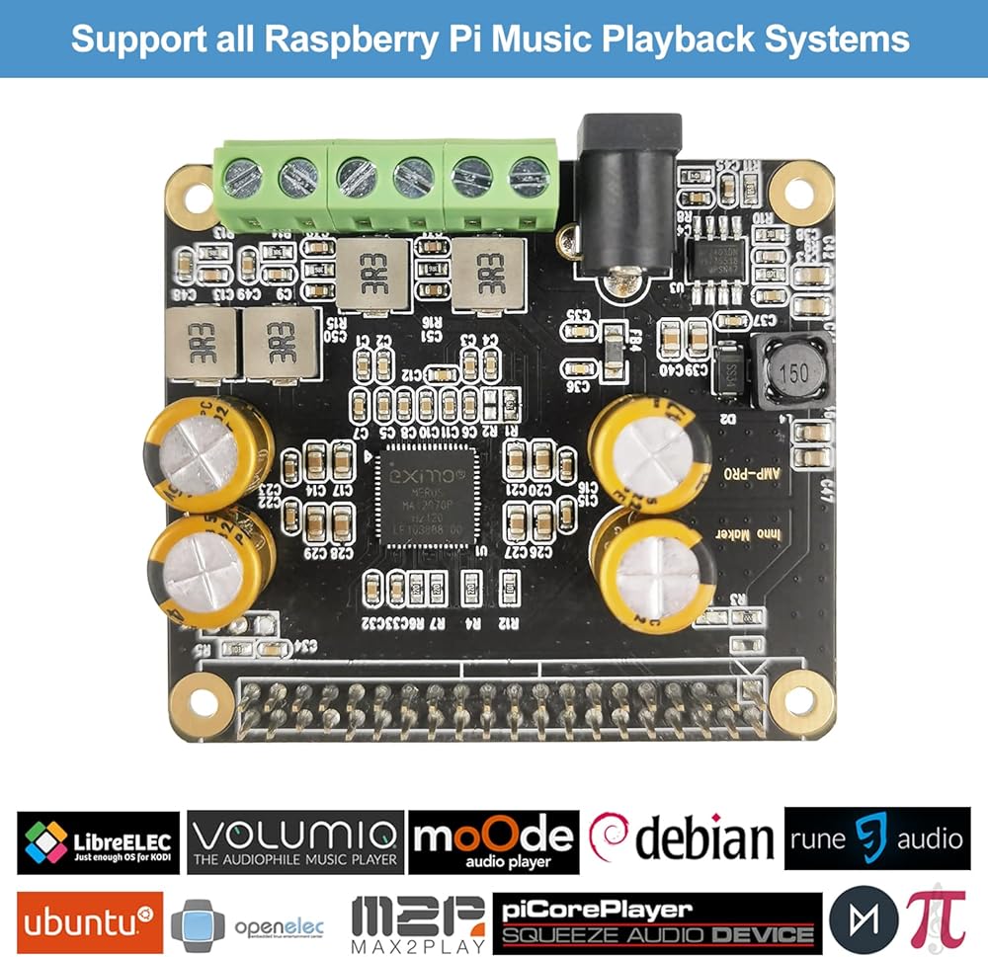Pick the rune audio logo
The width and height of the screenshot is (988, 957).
[x=875, y=838]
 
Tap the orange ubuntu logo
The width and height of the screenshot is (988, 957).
[x=90, y=922]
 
